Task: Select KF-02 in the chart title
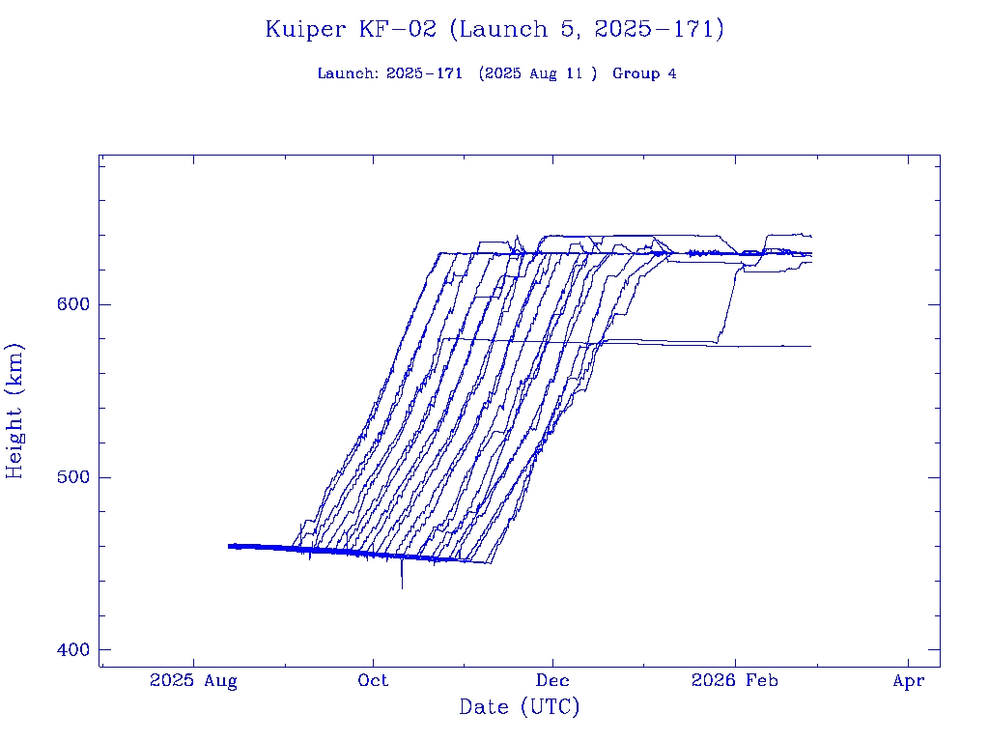pyautogui.click(x=398, y=30)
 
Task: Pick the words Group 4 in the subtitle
pyautogui.click(x=644, y=73)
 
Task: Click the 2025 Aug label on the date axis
pyautogui.click(x=193, y=680)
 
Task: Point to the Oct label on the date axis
pyautogui.click(x=373, y=680)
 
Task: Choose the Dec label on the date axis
pyautogui.click(x=552, y=680)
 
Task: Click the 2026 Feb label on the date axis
pyautogui.click(x=734, y=680)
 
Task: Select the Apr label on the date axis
pyautogui.click(x=909, y=680)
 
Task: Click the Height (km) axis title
pyautogui.click(x=14, y=411)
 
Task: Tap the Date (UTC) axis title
pyautogui.click(x=520, y=707)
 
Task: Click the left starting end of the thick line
pyautogui.click(x=230, y=546)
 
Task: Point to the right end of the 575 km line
pyautogui.click(x=809, y=346)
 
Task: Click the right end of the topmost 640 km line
pyautogui.click(x=810, y=236)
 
